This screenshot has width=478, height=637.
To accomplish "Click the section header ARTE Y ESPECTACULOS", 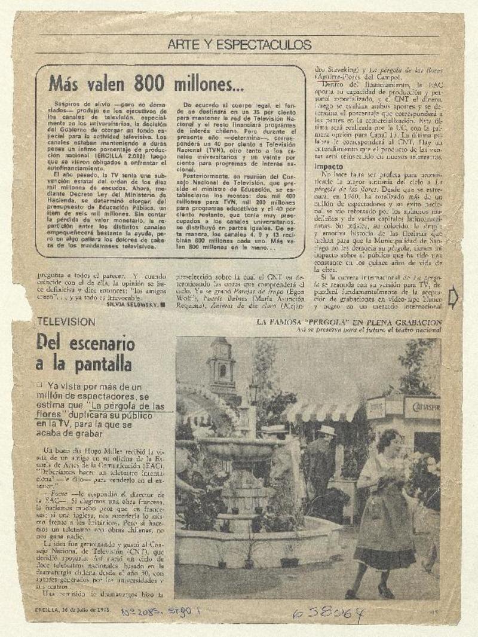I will click(x=239, y=45).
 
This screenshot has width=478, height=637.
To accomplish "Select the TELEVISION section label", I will click(x=66, y=321).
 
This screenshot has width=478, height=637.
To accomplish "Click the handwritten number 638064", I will click(x=328, y=614).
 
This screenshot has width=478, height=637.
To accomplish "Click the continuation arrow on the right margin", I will click(x=452, y=298).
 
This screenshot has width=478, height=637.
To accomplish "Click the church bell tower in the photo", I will click(x=222, y=367).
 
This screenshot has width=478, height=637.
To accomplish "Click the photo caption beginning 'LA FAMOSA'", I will click(x=349, y=323).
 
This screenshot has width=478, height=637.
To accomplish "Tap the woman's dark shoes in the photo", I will click(x=367, y=592).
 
